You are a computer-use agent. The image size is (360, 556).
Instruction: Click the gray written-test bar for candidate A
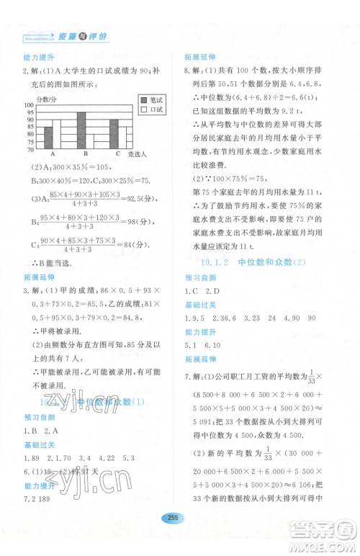[x=49, y=137]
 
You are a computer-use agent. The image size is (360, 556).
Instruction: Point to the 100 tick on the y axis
[x=30, y=105]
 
